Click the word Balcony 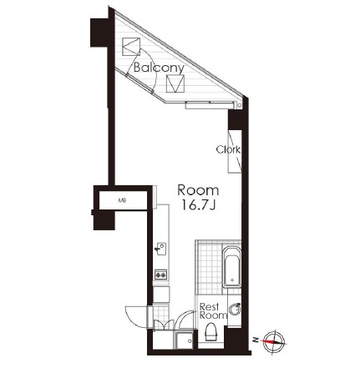tap(159, 68)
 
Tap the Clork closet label tap(228, 150)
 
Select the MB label tap(122, 200)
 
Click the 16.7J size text tap(198, 205)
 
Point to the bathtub tap(231, 267)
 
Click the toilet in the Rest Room tap(210, 332)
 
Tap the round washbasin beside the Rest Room tap(235, 309)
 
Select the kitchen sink tap(161, 249)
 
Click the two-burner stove tap(161, 275)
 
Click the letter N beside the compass tap(255, 340)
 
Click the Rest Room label tap(213, 311)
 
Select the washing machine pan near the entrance tap(184, 340)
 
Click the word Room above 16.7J tap(198, 190)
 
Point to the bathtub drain tap(231, 280)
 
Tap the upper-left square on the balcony tap(131, 47)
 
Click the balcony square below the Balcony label tap(175, 83)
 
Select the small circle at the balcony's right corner tap(239, 105)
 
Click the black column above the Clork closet tap(235, 119)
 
